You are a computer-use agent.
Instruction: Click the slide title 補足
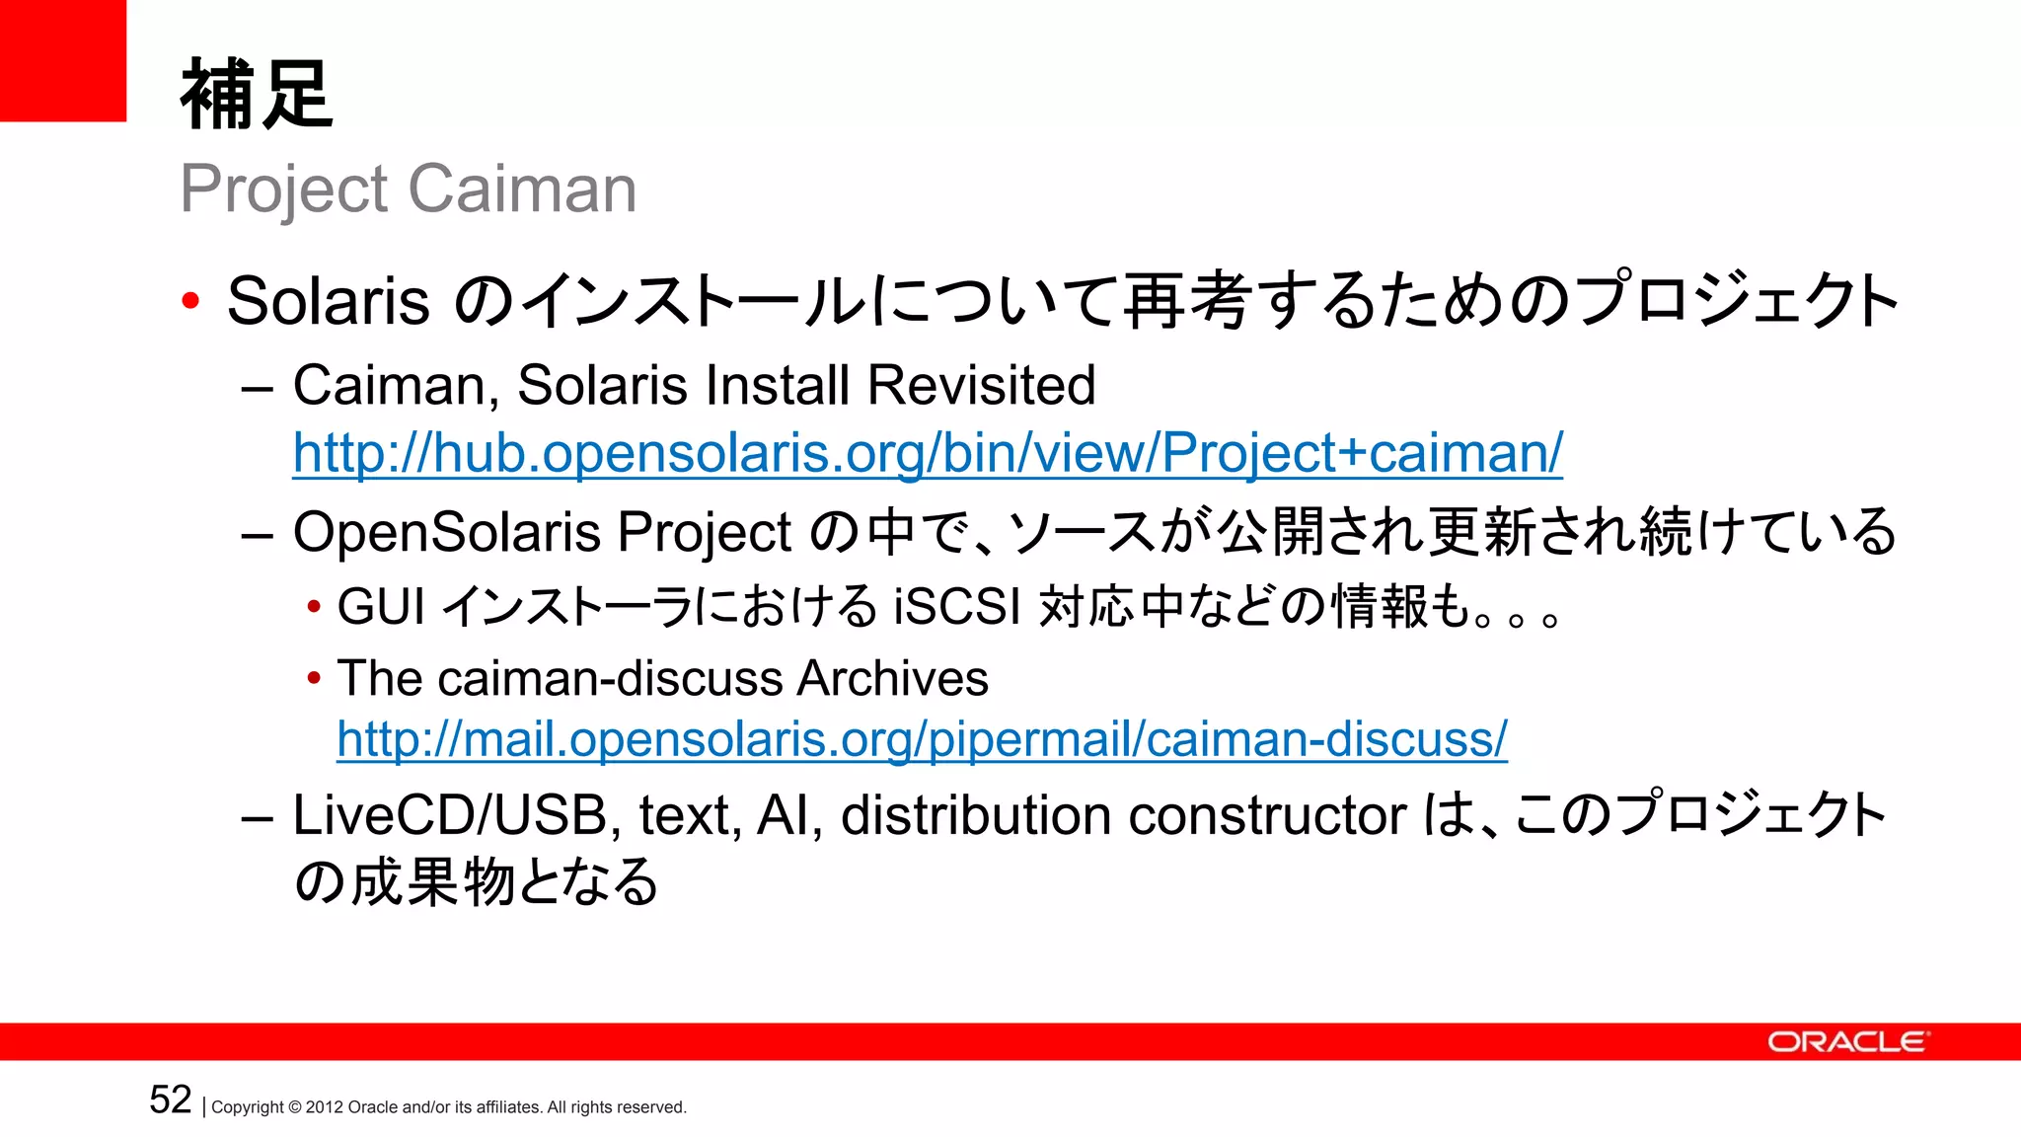257,95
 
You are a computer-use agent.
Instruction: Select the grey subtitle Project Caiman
408,189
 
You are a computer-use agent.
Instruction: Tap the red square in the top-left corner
62,60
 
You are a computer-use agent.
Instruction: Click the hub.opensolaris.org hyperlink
928,453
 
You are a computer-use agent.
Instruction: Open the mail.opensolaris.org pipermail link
922,739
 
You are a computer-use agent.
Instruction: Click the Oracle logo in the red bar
1846,1042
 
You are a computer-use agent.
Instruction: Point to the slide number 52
170,1099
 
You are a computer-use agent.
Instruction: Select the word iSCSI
956,606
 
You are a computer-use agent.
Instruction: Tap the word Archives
892,678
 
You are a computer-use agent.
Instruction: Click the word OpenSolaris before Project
446,533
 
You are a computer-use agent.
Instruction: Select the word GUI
381,606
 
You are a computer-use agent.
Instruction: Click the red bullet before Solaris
191,301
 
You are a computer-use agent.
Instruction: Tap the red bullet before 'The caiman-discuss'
314,678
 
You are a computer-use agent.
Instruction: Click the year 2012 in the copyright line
324,1107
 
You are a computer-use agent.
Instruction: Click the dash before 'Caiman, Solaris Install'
257,388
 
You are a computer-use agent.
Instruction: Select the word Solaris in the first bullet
328,301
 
